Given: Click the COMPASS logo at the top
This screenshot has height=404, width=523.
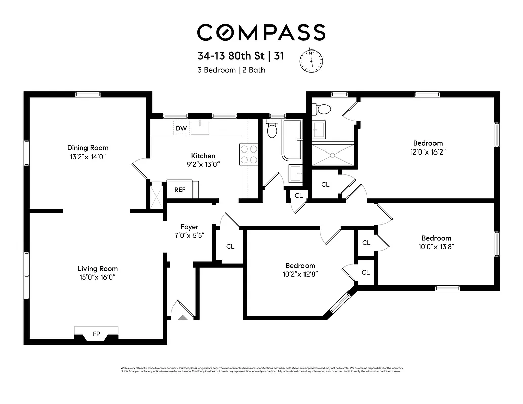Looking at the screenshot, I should coord(260,32).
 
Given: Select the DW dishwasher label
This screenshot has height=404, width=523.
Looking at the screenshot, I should coord(181,128).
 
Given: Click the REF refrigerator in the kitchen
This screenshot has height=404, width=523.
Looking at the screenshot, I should coord(180,190).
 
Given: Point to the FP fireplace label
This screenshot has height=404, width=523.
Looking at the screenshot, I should coord(96,334).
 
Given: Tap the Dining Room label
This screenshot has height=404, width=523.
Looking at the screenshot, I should coord(88,148).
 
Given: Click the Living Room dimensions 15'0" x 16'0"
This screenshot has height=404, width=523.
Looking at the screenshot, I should coord(98,277).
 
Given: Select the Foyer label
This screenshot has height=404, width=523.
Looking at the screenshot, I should coord(190,227).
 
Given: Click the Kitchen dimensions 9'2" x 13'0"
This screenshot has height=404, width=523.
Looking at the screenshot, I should coord(203,164).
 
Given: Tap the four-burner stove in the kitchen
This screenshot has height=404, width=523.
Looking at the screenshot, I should coord(248,154).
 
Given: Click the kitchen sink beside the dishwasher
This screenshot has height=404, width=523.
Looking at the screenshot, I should coord(200,127).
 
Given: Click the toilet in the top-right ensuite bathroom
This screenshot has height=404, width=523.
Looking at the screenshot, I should coord(322,109).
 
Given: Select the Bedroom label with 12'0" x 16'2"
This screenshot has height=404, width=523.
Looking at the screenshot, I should coord(428,143).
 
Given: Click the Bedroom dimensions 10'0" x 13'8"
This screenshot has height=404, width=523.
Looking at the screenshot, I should coord(436,247).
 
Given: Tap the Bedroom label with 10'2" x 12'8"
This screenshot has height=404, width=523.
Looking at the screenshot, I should coord(300,265).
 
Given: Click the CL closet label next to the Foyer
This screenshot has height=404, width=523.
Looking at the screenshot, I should coord(230,247).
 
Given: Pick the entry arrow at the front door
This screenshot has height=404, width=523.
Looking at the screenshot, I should coord(182,317).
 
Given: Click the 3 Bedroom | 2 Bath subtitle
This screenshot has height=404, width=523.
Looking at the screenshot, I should coord(231,70).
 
